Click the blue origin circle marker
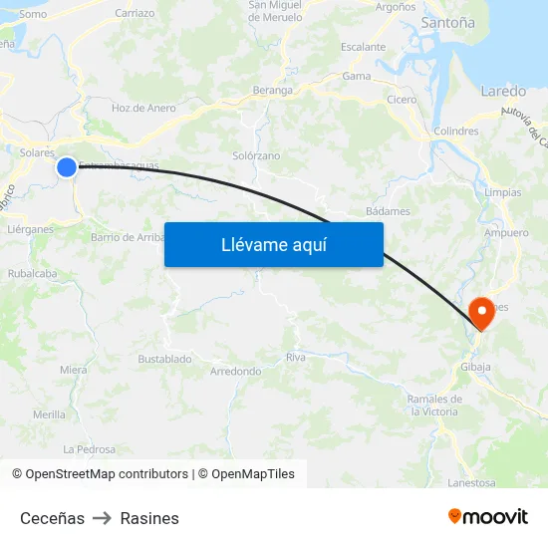click(67, 167)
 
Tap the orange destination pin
click(480, 312)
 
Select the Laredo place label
click(503, 91)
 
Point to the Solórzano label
click(256, 156)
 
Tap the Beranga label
click(273, 90)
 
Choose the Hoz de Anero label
click(143, 109)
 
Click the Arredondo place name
click(235, 372)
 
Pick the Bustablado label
click(164, 359)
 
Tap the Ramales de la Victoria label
click(433, 405)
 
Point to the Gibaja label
click(475, 367)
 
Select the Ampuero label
click(506, 233)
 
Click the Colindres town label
click(456, 131)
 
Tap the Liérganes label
click(30, 228)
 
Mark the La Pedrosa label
click(89, 449)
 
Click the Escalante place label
click(363, 47)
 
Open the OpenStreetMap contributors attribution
click(107, 474)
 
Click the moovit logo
click(488, 516)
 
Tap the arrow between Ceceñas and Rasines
click(102, 518)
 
